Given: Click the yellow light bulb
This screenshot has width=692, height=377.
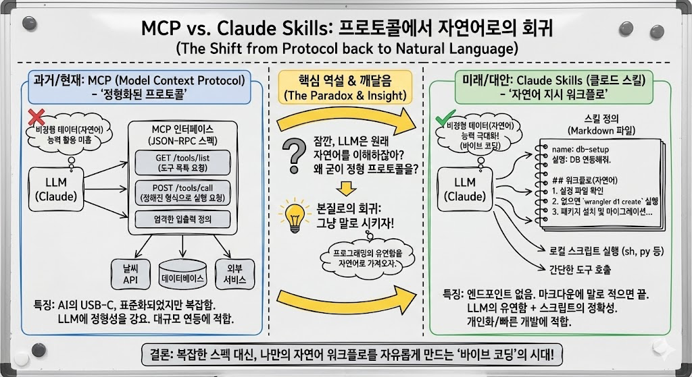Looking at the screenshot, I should [x=293, y=215].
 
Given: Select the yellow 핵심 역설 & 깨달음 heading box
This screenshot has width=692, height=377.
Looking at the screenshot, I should [x=345, y=86].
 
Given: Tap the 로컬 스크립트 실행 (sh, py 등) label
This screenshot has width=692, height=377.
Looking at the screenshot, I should [x=603, y=252].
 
